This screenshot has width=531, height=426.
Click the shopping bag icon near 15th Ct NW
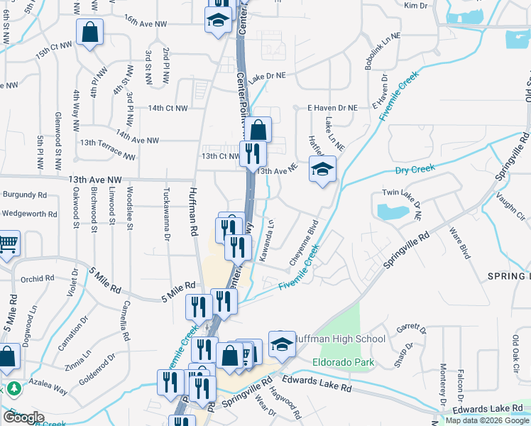point(90,32)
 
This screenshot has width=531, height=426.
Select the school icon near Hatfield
point(322,169)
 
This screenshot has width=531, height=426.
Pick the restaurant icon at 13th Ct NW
point(253,153)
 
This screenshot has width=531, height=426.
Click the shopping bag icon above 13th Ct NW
point(258,130)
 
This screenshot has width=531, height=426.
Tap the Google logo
point(23,417)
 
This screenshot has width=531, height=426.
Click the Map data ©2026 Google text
point(488,420)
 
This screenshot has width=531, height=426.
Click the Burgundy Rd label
point(25,194)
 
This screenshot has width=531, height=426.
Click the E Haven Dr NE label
point(332,108)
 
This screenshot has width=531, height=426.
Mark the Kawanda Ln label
point(266,240)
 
